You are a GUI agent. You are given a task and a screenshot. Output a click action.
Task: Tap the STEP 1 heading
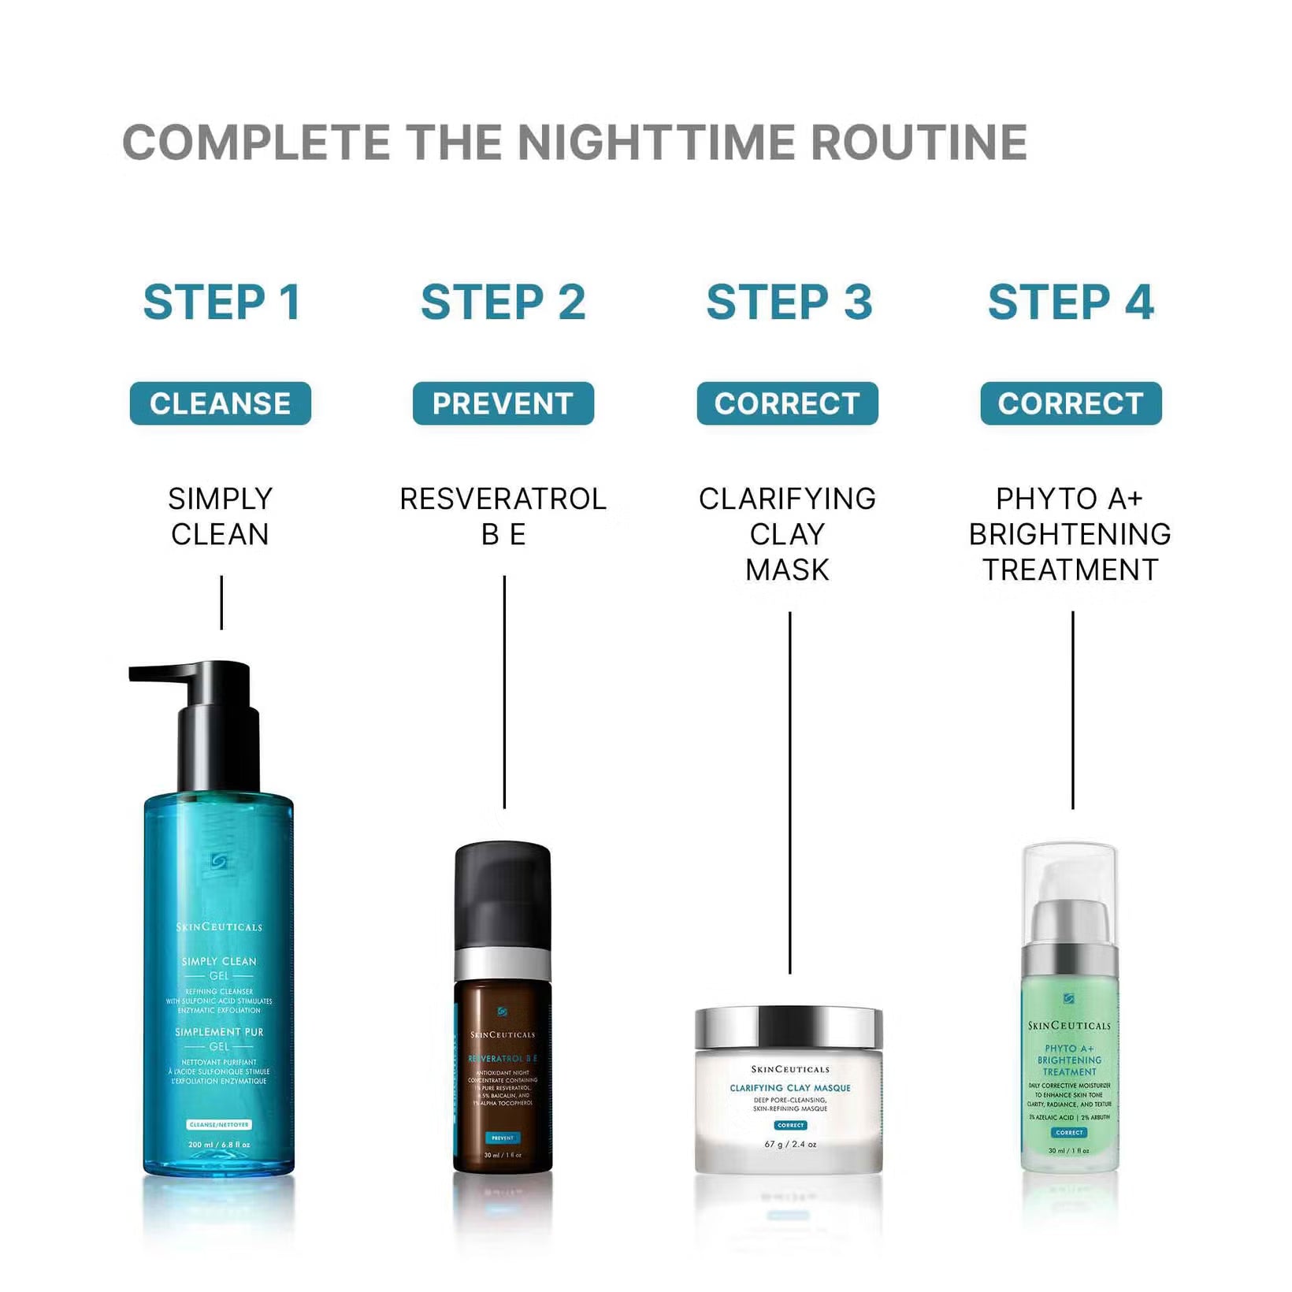click(221, 303)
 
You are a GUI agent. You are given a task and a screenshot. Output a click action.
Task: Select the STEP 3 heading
click(789, 303)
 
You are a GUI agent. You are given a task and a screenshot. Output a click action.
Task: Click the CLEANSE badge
click(221, 403)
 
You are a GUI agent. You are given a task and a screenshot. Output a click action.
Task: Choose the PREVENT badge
click(503, 403)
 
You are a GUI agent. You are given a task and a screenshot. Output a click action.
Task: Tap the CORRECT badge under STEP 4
click(1071, 403)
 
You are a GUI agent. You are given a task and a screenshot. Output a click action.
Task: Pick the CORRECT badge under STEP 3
click(787, 403)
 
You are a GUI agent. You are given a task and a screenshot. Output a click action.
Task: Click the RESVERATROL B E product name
click(503, 516)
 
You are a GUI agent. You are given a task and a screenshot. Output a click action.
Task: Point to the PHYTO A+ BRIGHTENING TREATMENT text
click(1070, 533)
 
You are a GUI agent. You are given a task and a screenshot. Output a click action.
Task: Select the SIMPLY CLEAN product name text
click(221, 516)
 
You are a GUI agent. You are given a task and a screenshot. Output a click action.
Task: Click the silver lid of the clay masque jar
click(789, 1027)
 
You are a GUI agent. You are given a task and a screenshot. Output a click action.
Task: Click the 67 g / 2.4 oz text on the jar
click(789, 1144)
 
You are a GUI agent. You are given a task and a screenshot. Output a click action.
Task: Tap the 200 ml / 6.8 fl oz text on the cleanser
click(219, 1144)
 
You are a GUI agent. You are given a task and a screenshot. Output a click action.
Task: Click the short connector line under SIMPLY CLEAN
click(221, 603)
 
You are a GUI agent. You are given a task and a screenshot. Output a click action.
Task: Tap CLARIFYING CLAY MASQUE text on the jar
click(789, 1088)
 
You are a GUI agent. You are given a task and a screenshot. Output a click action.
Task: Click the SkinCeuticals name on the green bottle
click(1069, 1026)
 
